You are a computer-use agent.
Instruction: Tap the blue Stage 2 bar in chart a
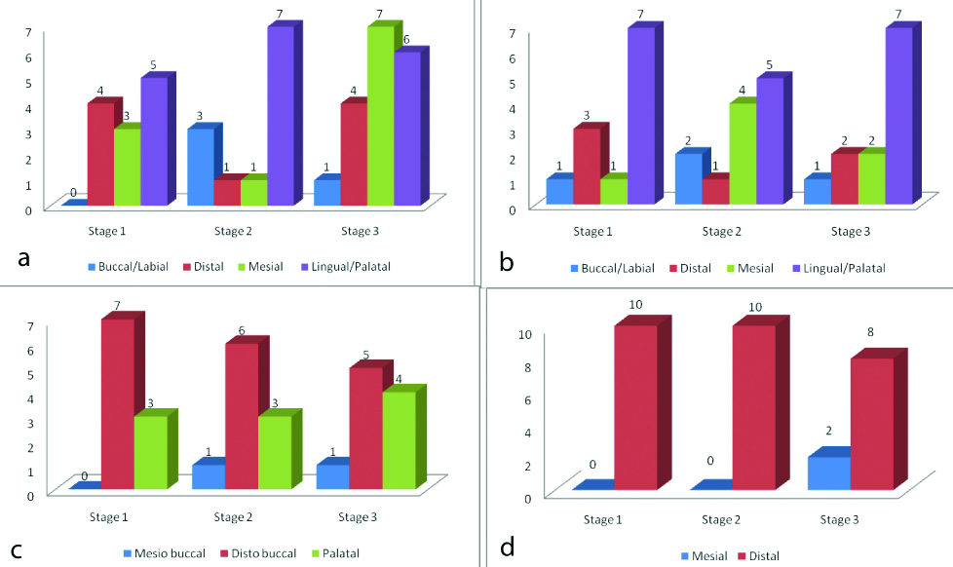201,167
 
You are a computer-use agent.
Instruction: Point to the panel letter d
507,548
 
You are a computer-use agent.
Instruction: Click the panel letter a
23,258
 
